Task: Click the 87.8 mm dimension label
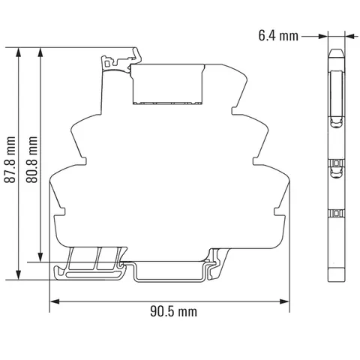(10, 160)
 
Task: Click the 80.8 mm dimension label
(32, 160)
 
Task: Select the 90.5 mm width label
(174, 312)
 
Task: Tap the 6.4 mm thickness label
(278, 36)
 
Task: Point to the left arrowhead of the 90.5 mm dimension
(55, 301)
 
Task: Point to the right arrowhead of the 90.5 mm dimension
(285, 301)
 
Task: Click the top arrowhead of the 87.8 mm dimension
(18, 52)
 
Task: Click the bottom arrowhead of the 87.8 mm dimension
(18, 274)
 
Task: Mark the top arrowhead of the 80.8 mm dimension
(40, 52)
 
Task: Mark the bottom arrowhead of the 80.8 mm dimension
(40, 257)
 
